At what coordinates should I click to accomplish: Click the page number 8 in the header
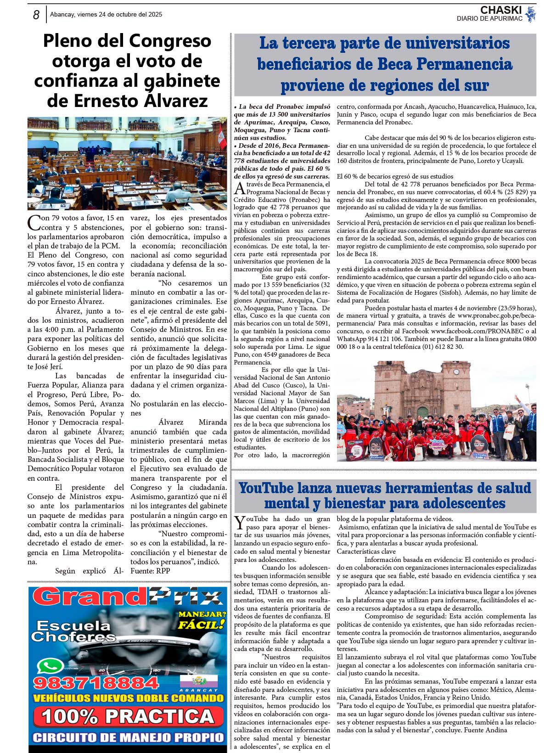coord(36,15)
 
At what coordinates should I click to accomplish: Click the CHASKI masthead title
coord(500,10)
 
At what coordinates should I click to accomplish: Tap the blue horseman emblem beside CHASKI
coord(531,14)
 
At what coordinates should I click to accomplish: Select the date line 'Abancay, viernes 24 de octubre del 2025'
coord(106,15)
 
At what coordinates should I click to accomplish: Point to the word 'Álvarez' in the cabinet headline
coord(177,101)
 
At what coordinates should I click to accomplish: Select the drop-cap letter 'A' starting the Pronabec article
coord(239,188)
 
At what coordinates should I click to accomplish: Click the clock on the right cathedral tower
coord(456,372)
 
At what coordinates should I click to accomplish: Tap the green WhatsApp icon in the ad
coord(50,666)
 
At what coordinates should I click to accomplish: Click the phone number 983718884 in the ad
coord(96,683)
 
